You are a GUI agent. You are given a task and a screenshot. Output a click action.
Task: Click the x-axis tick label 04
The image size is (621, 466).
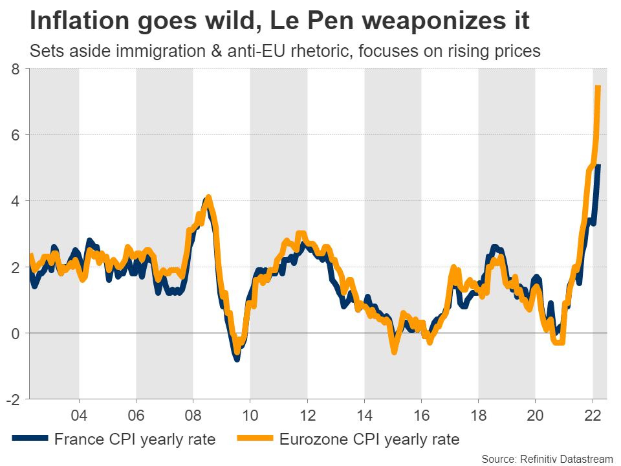pos(79,415)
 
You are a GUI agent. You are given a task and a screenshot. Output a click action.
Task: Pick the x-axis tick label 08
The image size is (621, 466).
pos(193,415)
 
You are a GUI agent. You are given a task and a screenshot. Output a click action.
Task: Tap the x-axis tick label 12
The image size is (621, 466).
pos(307,415)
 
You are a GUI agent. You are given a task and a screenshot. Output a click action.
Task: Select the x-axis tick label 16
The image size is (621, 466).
pos(421,415)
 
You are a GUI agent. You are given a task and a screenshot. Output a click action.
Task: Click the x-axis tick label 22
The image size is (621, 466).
pos(593,415)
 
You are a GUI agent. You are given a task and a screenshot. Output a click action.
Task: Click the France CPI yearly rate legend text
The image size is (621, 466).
pos(135,439)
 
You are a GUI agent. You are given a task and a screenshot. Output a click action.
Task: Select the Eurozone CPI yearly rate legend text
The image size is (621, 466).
pos(369,439)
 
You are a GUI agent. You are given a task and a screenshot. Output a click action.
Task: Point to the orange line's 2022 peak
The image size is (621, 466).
pos(598,87)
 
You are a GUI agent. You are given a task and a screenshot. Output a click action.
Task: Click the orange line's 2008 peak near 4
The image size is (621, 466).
pos(208,197)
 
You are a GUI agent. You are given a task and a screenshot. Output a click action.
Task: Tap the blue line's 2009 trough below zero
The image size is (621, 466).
pos(237,357)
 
